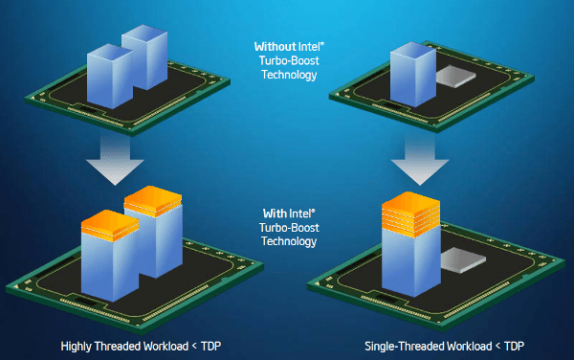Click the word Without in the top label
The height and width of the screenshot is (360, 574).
click(271, 45)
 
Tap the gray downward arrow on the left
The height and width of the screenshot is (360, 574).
click(112, 159)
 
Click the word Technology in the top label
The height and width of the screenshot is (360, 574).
click(286, 75)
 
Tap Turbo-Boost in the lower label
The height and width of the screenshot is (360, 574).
click(286, 228)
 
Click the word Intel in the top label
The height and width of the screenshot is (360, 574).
click(303, 45)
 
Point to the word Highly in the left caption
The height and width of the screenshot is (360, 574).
click(77, 346)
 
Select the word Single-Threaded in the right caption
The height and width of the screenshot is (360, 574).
click(405, 346)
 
